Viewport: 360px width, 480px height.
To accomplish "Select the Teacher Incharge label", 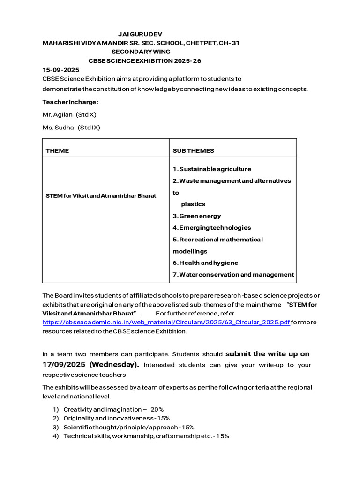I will pyautogui.click(x=70, y=102).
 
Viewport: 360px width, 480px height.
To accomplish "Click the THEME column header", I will pyautogui.click(x=57, y=150).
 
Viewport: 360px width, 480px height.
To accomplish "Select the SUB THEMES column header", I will pyautogui.click(x=193, y=150).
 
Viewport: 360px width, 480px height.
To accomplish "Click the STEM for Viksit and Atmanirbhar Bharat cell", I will pyautogui.click(x=101, y=195).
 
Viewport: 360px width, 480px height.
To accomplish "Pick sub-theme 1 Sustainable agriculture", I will pyautogui.click(x=212, y=169).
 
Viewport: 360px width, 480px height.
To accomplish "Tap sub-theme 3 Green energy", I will pyautogui.click(x=197, y=216).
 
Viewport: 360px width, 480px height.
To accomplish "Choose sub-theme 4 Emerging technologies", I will pyautogui.click(x=212, y=228).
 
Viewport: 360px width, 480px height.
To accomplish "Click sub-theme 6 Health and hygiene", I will pyautogui.click(x=205, y=263).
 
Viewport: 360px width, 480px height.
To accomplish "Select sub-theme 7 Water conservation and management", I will pyautogui.click(x=233, y=275).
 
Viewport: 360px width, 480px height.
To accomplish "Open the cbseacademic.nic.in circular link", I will pyautogui.click(x=166, y=322).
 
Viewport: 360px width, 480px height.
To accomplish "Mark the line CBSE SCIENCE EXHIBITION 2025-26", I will pyautogui.click(x=145, y=61).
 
